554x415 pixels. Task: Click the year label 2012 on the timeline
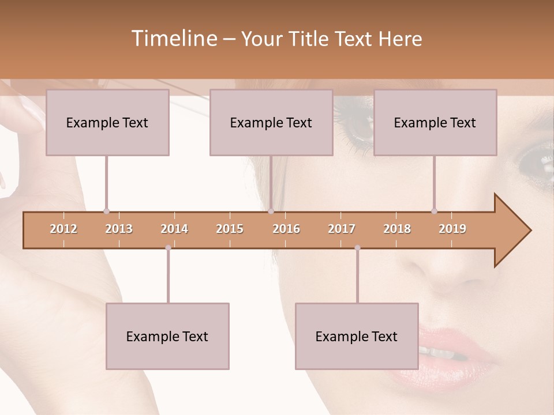pyautogui.click(x=63, y=229)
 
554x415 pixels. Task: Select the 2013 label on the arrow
pyautogui.click(x=119, y=229)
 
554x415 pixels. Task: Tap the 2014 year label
pyautogui.click(x=174, y=229)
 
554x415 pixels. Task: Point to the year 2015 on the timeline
pyautogui.click(x=230, y=229)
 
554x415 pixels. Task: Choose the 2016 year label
pyautogui.click(x=286, y=229)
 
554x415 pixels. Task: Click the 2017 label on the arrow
pyautogui.click(x=342, y=229)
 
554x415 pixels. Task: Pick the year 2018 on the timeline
pyautogui.click(x=397, y=229)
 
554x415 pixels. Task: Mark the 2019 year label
pyautogui.click(x=452, y=229)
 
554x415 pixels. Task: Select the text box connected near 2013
pyautogui.click(x=107, y=122)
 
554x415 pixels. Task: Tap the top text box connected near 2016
pyautogui.click(x=271, y=122)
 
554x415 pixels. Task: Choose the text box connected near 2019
pyautogui.click(x=435, y=122)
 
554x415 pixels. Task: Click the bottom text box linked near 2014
pyautogui.click(x=167, y=336)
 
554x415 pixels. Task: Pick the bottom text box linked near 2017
pyautogui.click(x=357, y=336)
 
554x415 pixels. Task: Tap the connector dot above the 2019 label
pyautogui.click(x=434, y=211)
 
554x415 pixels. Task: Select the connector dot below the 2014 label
pyautogui.click(x=168, y=248)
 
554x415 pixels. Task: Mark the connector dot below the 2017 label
pyautogui.click(x=357, y=248)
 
